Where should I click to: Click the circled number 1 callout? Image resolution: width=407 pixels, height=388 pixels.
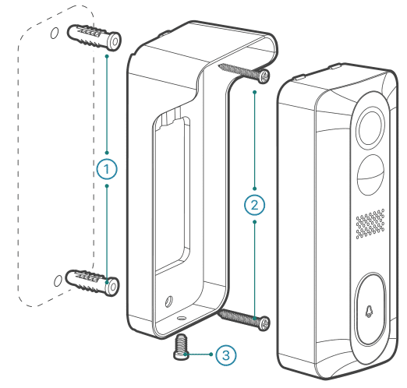click(x=106, y=168)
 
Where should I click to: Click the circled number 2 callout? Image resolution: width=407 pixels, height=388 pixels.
click(x=255, y=206)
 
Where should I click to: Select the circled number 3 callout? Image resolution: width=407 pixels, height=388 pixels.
click(x=224, y=354)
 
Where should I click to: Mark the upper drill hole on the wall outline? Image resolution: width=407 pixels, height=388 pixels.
click(x=54, y=34)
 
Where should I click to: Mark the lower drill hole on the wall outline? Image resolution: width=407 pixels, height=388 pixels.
click(x=54, y=280)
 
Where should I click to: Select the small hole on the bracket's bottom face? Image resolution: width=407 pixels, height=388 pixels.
click(x=181, y=318)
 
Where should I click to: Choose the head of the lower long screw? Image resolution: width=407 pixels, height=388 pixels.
click(x=265, y=322)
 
